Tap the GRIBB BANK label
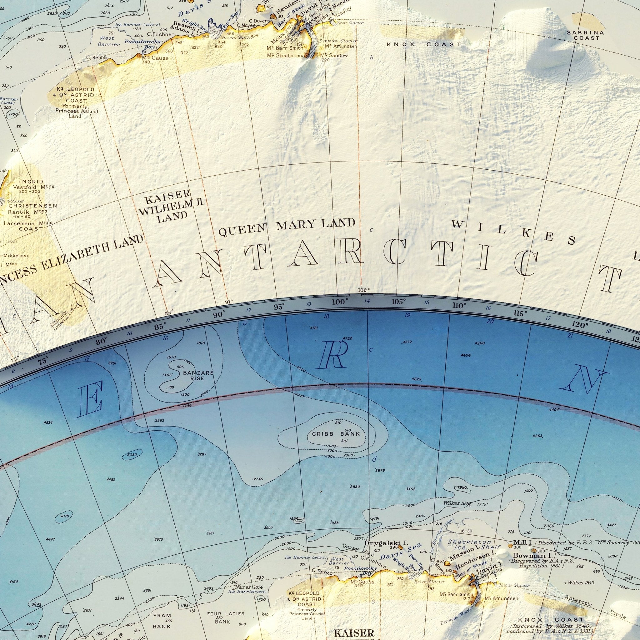coord(336,434)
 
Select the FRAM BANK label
coord(162,612)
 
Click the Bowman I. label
coord(532,555)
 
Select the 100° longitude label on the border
coord(340,302)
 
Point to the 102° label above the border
coord(364,290)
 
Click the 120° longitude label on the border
coord(580,325)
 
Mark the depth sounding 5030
coord(132,455)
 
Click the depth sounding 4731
coord(314,328)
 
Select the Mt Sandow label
coord(334,55)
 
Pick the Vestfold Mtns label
coord(33,187)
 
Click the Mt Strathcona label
coord(287,55)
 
